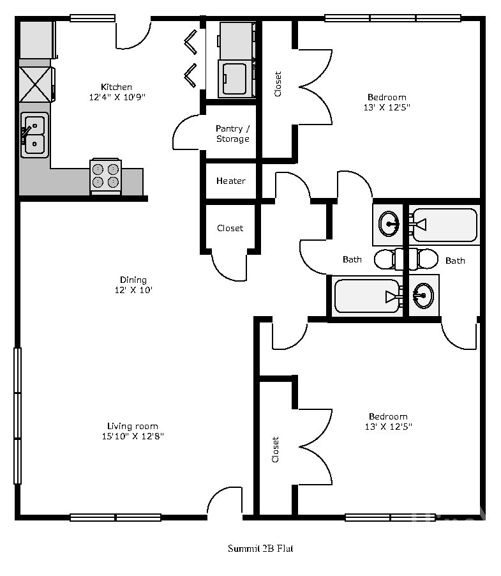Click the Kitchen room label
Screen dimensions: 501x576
tap(116, 87)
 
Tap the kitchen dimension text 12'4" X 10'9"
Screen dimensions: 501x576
tap(117, 97)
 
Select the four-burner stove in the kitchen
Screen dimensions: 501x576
tap(106, 176)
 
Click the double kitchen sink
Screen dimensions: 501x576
tap(34, 135)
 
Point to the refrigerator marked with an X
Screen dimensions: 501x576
tap(35, 85)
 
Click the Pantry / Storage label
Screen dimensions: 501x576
tap(233, 133)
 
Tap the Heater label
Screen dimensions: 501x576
tap(231, 181)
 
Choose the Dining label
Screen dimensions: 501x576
tap(133, 280)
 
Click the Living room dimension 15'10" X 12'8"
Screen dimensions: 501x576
tap(133, 436)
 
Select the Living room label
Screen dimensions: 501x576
tap(133, 426)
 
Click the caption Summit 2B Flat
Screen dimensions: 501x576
tap(260, 549)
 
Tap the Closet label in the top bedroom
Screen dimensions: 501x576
tap(278, 84)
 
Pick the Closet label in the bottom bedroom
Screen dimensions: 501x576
tap(275, 450)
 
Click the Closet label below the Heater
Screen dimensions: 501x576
tap(230, 228)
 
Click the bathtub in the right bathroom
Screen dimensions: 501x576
tap(445, 225)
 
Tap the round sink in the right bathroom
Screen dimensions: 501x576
tap(424, 296)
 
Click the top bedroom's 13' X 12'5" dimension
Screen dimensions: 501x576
tap(387, 107)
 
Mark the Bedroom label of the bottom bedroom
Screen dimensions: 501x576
tap(388, 416)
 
